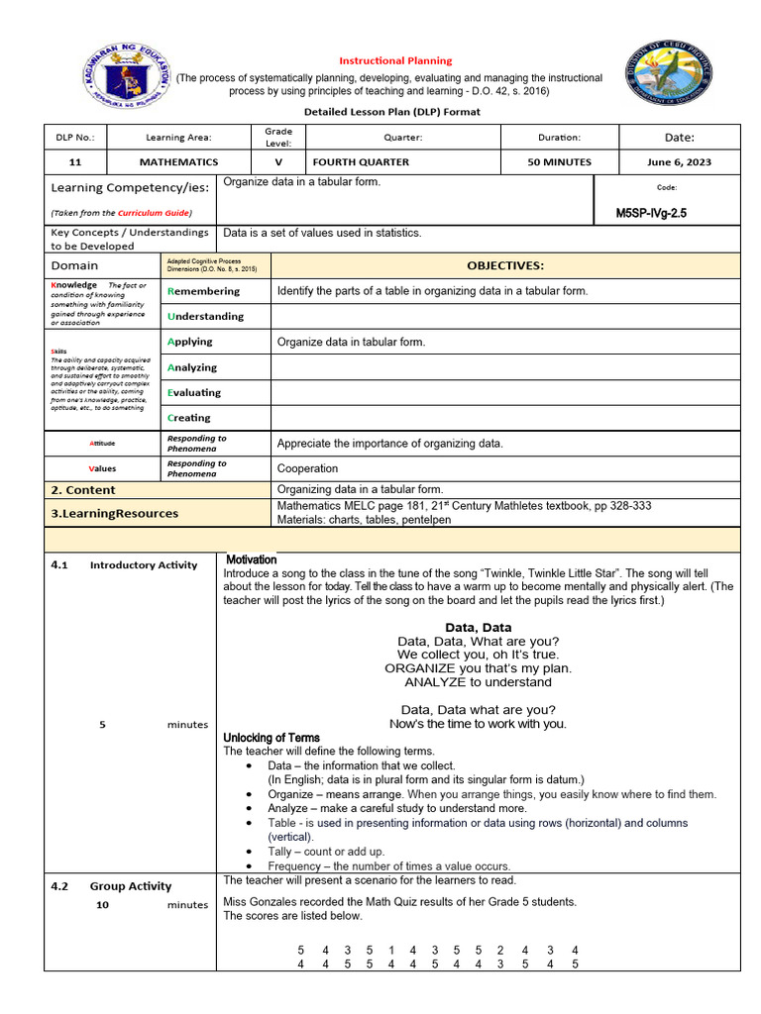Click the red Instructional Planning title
[395, 60]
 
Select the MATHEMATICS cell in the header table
[178, 162]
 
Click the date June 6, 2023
[679, 162]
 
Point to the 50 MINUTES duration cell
[560, 162]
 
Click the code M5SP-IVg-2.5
[657, 213]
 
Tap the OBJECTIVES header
[505, 265]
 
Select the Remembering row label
[204, 291]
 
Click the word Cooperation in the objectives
[307, 468]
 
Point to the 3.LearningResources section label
[115, 513]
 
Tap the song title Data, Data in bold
[478, 627]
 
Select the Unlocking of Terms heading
[272, 738]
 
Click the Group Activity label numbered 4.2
[130, 886]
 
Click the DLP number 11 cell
[75, 162]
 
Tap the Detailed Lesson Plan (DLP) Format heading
[391, 112]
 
